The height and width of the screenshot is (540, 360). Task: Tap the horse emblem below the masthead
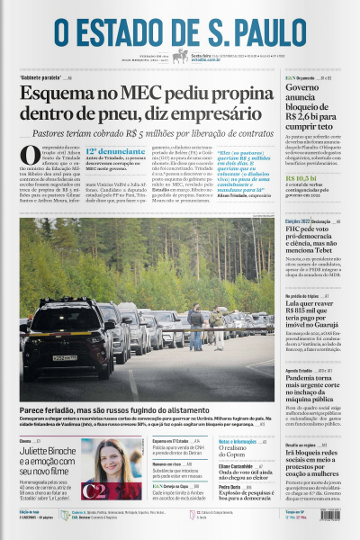coord(180,56)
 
